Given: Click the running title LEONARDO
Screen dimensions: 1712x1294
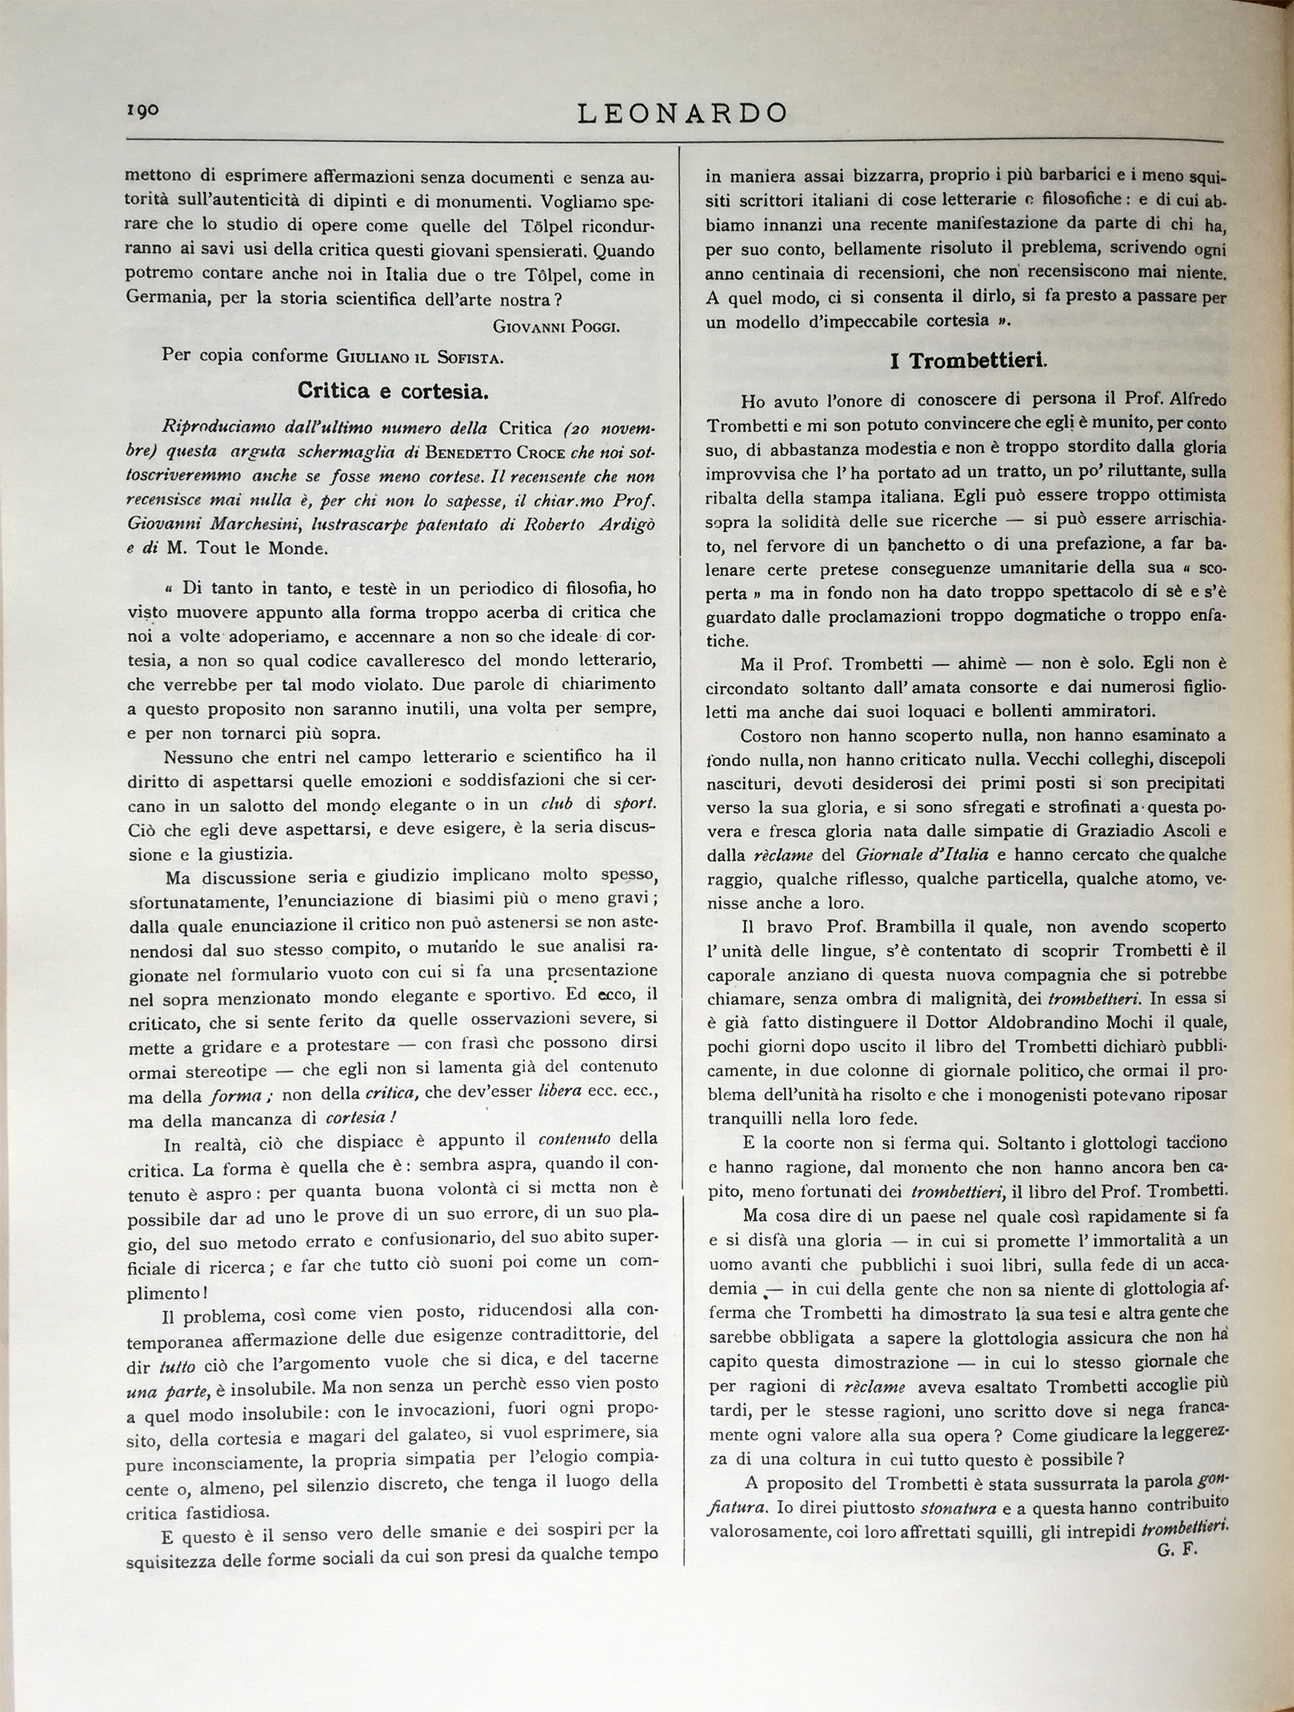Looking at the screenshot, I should tap(682, 114).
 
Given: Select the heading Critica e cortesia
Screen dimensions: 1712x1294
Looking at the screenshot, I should tap(393, 392).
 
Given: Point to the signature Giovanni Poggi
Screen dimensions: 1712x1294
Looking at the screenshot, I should tap(556, 326).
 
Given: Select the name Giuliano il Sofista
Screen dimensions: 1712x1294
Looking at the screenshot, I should tap(419, 357).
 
